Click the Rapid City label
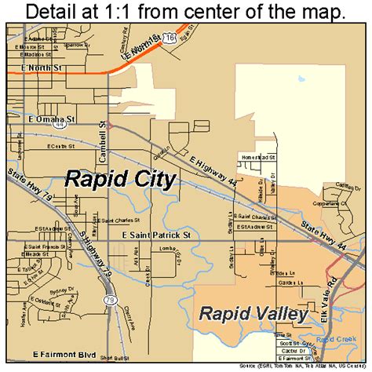(120, 178)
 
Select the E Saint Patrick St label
(156, 235)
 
